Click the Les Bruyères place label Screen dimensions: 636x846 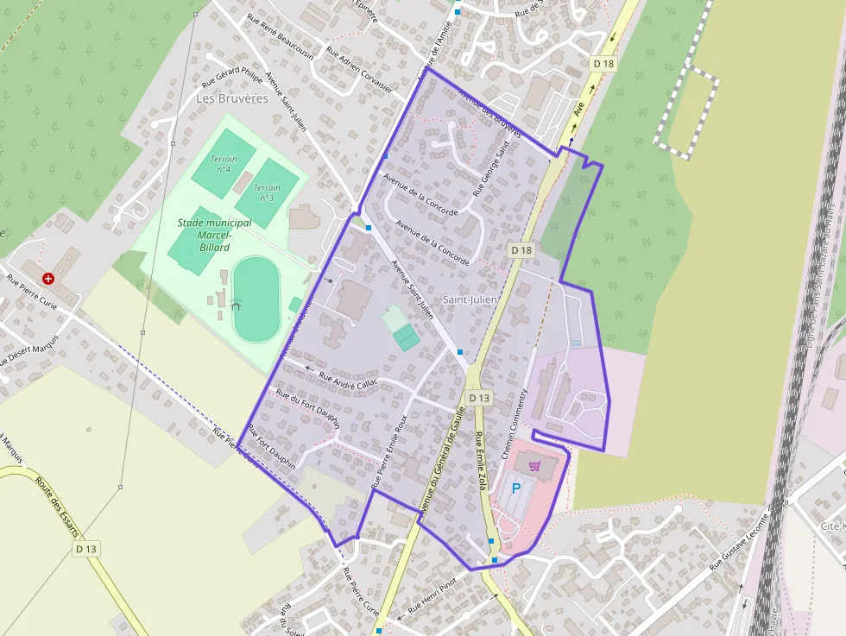tap(232, 98)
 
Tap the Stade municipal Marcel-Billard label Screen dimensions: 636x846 tap(214, 235)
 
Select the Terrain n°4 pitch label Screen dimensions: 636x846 tap(224, 164)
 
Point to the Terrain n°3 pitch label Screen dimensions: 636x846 tap(267, 192)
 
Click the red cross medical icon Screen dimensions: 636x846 tap(48, 279)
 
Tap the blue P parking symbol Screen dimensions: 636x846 tap(517, 488)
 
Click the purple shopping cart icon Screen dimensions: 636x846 tap(535, 466)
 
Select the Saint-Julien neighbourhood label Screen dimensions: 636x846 tap(470, 299)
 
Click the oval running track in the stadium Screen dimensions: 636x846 tap(256, 299)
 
